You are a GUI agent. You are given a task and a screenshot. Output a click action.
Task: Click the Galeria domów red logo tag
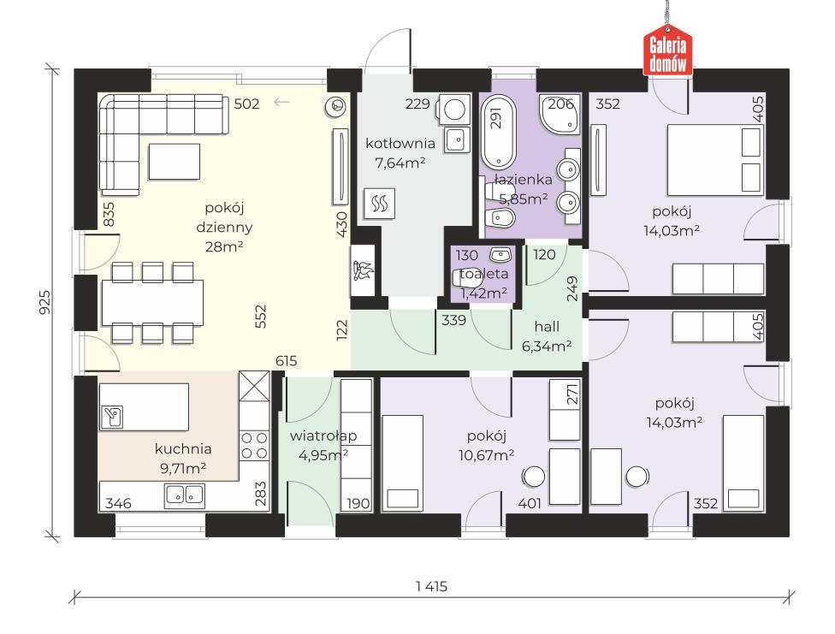[668, 50]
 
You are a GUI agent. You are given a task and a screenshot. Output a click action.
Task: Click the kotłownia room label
[400, 143]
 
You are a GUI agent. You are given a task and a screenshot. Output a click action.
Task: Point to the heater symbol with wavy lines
[380, 203]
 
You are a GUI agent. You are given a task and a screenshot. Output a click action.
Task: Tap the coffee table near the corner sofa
[175, 162]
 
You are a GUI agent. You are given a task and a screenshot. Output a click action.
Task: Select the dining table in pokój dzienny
[152, 302]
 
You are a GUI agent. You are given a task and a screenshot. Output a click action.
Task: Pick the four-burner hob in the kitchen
[254, 446]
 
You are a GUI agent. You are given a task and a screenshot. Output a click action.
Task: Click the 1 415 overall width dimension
[432, 587]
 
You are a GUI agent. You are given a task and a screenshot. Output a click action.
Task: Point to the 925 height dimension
[45, 301]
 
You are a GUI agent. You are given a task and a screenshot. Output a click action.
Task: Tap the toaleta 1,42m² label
[483, 283]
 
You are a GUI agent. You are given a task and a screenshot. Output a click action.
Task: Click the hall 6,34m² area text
[547, 336]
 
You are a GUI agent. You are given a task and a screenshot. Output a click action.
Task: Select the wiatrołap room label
[323, 436]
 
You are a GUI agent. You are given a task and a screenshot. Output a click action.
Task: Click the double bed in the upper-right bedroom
[716, 160]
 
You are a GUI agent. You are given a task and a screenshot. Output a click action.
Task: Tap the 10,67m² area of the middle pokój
[486, 455]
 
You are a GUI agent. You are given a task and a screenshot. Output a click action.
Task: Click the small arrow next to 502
[281, 102]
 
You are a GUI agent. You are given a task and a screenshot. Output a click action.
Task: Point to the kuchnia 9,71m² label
[183, 459]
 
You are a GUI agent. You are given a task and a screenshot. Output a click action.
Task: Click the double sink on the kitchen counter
[184, 495]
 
